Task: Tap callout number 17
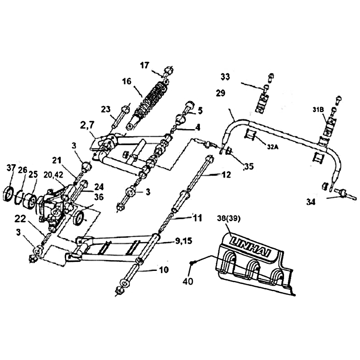pyautogui.click(x=144, y=65)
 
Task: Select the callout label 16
pyautogui.click(x=127, y=81)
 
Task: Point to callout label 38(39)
pyautogui.click(x=229, y=219)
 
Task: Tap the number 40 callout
pyautogui.click(x=188, y=281)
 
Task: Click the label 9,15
pyautogui.click(x=184, y=241)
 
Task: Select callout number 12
pyautogui.click(x=226, y=175)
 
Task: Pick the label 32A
pyautogui.click(x=273, y=147)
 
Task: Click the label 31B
pyautogui.click(x=318, y=110)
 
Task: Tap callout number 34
pyautogui.click(x=310, y=202)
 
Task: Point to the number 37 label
pyautogui.click(x=11, y=168)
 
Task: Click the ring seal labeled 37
pyautogui.click(x=9, y=194)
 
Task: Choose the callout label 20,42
pyautogui.click(x=53, y=175)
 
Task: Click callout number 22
pyautogui.click(x=20, y=219)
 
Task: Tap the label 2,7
pyautogui.click(x=87, y=126)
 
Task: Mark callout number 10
pyautogui.click(x=164, y=270)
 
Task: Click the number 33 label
pyautogui.click(x=225, y=76)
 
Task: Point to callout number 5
pyautogui.click(x=200, y=111)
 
